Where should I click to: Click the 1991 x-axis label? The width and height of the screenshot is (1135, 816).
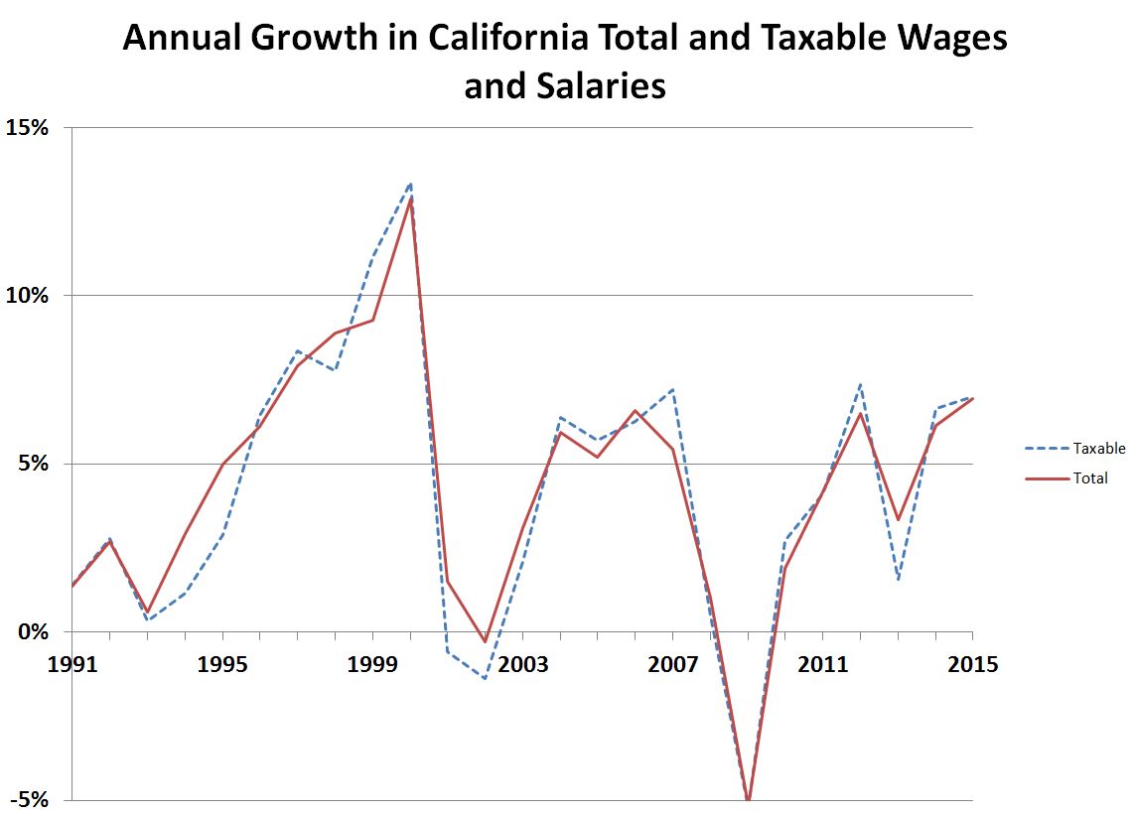[72, 664]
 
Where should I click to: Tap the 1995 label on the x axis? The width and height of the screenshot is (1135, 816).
[222, 664]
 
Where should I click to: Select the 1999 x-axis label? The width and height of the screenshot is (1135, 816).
[372, 664]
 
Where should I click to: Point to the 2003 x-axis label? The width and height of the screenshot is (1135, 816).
[522, 664]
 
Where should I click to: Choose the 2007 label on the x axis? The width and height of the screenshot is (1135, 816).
[673, 664]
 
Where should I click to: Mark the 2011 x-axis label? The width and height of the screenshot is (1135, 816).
[823, 664]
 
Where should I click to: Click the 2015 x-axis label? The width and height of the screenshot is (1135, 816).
[972, 664]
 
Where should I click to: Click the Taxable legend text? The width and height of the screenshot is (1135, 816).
[1098, 449]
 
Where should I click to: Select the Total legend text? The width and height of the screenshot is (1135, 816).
[1089, 478]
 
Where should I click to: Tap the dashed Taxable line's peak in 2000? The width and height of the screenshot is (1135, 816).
[410, 183]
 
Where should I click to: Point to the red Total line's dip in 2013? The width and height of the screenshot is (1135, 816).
[898, 519]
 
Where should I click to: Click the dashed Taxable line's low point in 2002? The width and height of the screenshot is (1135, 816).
[485, 679]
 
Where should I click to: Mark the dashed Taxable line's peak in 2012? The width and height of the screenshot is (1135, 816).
[860, 384]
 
